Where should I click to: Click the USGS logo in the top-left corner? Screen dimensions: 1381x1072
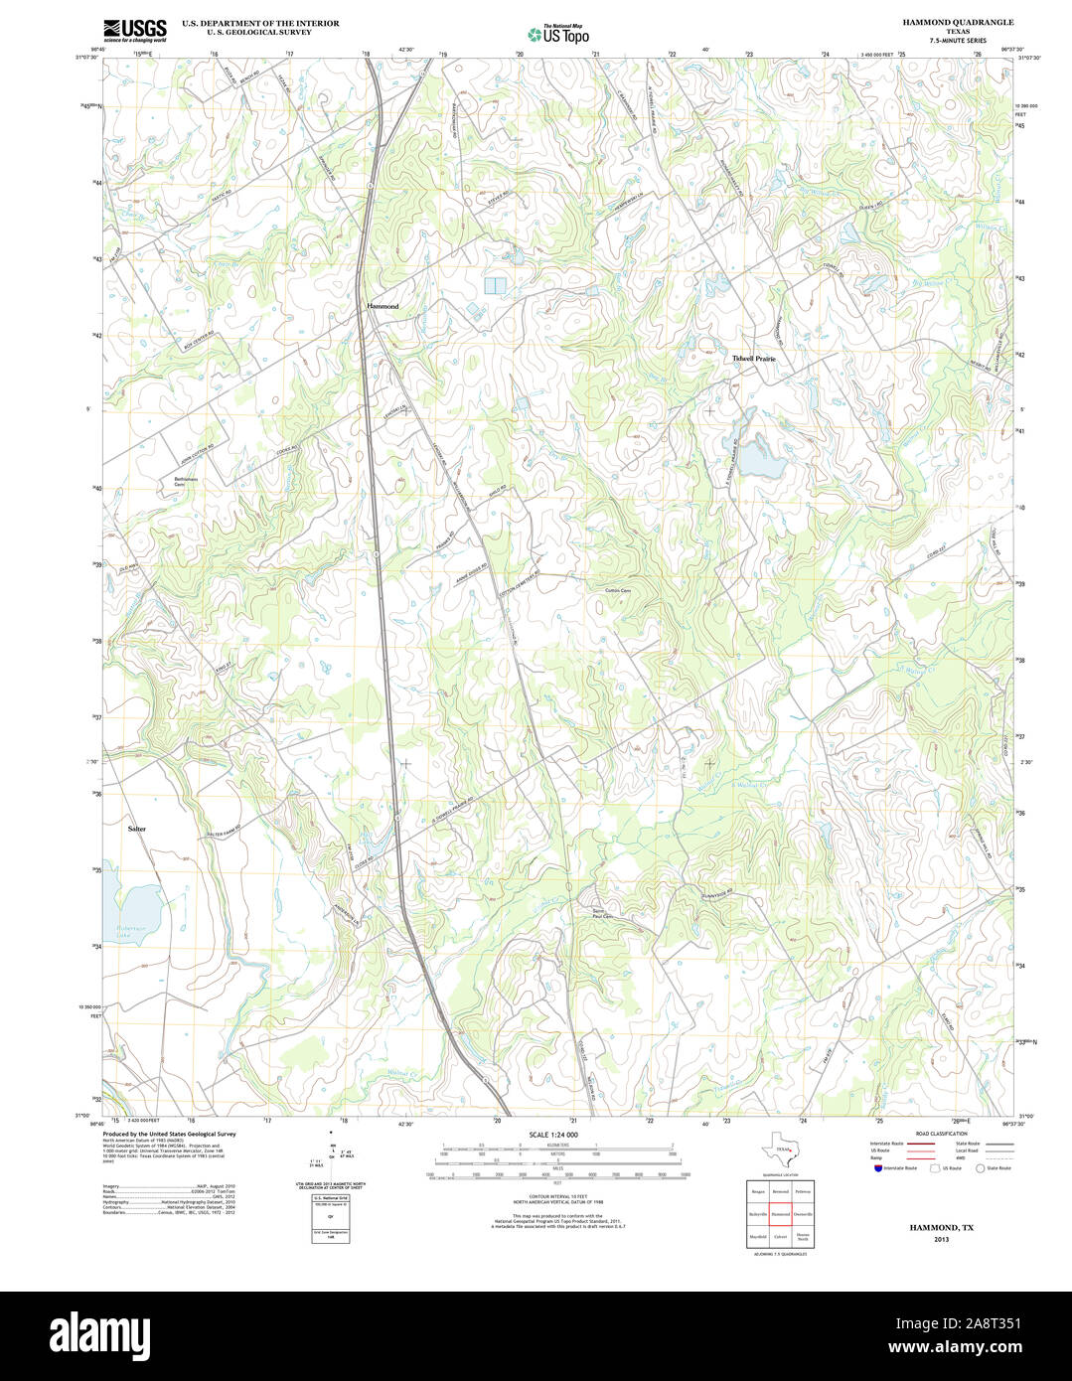(x=135, y=28)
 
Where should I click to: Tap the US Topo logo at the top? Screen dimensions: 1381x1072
(x=557, y=34)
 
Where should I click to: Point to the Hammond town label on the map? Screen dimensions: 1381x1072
(x=383, y=306)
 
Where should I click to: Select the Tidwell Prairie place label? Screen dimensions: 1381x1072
(x=753, y=358)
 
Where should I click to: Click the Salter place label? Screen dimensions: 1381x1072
(x=137, y=828)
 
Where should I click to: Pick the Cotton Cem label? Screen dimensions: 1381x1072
(x=618, y=590)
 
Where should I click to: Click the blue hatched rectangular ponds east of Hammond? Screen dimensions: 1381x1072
(x=495, y=285)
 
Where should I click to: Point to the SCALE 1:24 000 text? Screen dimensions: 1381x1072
(x=553, y=1134)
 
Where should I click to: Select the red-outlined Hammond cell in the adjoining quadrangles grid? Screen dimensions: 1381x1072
(x=781, y=1214)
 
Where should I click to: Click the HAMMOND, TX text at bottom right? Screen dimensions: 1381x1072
(x=941, y=1228)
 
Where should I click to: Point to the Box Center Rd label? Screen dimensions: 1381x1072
(x=199, y=340)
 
